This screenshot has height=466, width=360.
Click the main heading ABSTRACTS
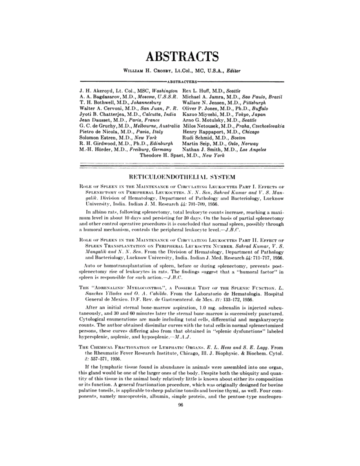click(182, 56)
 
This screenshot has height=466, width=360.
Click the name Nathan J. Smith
click(204, 149)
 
